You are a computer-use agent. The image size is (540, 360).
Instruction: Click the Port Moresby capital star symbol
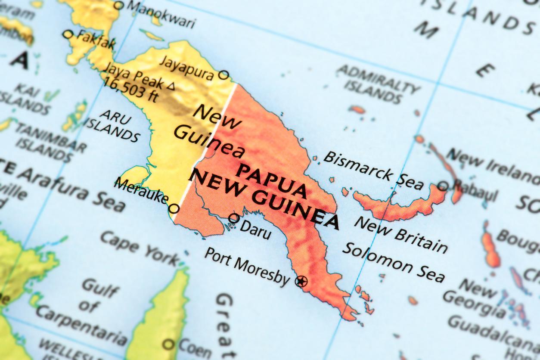tap(301, 282)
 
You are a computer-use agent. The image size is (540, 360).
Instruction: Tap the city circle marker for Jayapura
tap(223, 75)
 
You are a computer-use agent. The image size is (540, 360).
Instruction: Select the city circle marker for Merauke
tap(174, 209)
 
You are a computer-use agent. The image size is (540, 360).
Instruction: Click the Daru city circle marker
tap(234, 218)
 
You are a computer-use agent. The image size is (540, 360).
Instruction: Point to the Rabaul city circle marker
tap(443, 186)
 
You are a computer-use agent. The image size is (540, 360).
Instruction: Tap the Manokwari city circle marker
tap(118, 5)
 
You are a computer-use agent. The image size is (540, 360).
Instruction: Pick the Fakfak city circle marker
tap(68, 34)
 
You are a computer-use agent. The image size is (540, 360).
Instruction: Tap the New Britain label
tap(400, 234)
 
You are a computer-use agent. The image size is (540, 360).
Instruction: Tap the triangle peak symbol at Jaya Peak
tap(171, 87)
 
